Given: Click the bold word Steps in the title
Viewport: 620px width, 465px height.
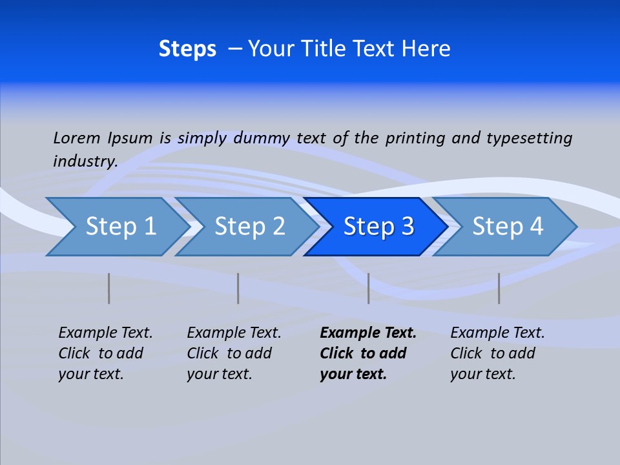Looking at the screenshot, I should [x=187, y=49].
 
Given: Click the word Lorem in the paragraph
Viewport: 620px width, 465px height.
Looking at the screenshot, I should [x=76, y=138].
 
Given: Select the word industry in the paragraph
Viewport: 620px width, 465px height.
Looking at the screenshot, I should [x=85, y=161].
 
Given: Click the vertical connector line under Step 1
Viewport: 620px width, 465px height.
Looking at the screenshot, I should [x=109, y=288].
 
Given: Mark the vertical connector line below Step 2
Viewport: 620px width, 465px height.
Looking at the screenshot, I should [x=238, y=288].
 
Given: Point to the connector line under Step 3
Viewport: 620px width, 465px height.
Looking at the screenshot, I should [x=369, y=288].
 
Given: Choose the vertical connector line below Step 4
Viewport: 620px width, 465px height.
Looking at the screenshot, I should [x=499, y=288].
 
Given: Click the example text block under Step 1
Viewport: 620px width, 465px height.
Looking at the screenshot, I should [x=105, y=353].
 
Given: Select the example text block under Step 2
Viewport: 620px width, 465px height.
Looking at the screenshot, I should [x=234, y=353].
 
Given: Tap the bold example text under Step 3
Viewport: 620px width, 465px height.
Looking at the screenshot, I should [x=367, y=353].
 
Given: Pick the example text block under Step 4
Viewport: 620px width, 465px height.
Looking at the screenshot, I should [x=497, y=353].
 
